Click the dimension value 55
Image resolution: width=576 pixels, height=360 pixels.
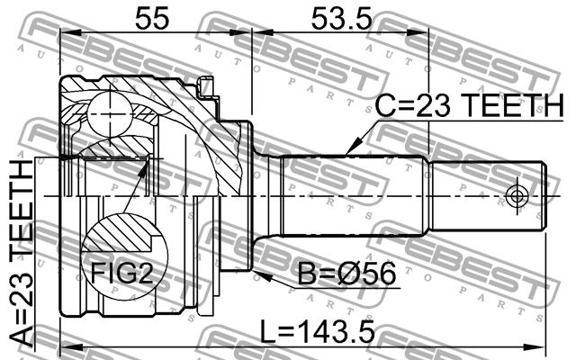click(x=152, y=18)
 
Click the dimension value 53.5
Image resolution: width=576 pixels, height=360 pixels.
click(x=342, y=18)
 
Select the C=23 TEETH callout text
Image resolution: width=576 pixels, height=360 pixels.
click(x=469, y=105)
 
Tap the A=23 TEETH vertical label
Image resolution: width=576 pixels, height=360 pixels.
click(x=21, y=254)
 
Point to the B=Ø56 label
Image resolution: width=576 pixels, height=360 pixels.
click(x=346, y=274)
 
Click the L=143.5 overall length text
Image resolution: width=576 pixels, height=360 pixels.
click(x=318, y=331)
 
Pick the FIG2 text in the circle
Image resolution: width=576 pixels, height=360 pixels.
click(x=121, y=273)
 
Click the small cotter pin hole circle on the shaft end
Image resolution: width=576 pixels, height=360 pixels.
click(x=517, y=196)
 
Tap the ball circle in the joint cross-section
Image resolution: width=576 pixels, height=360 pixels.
click(x=110, y=114)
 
